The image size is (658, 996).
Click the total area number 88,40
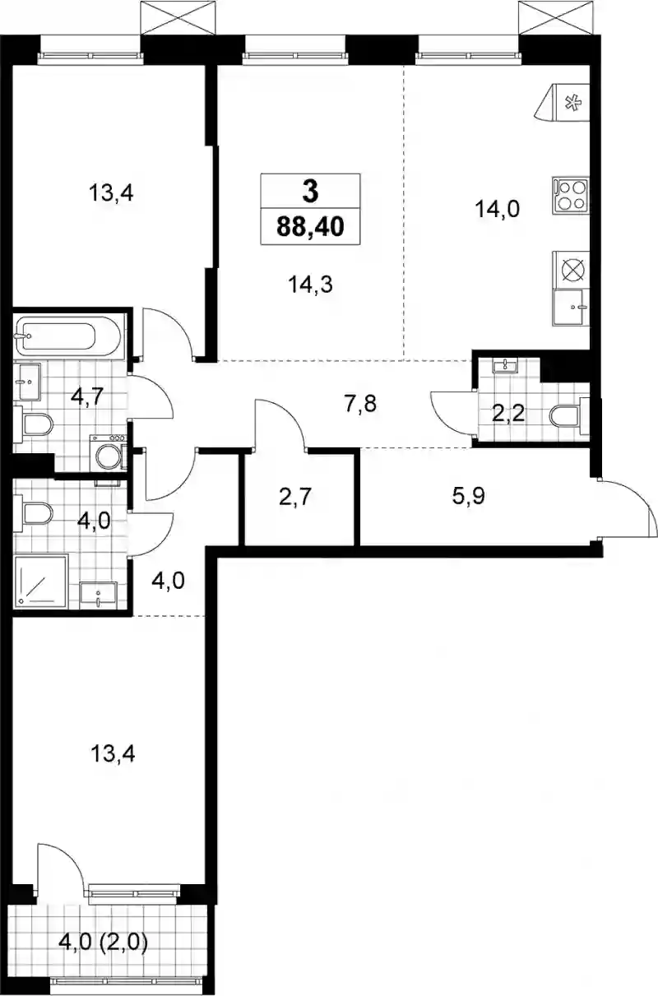(310, 226)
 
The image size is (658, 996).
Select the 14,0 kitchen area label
(497, 209)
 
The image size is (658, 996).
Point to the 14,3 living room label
(310, 284)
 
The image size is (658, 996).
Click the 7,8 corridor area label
(360, 404)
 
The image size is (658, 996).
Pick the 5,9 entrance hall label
(469, 496)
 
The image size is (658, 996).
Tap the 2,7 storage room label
(294, 497)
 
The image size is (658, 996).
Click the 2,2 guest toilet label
(508, 414)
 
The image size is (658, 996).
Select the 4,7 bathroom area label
(87, 396)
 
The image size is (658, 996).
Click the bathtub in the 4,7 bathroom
(67, 336)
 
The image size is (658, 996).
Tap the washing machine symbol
(109, 452)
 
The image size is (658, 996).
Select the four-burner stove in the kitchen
(571, 196)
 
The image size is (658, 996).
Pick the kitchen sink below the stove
(571, 308)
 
